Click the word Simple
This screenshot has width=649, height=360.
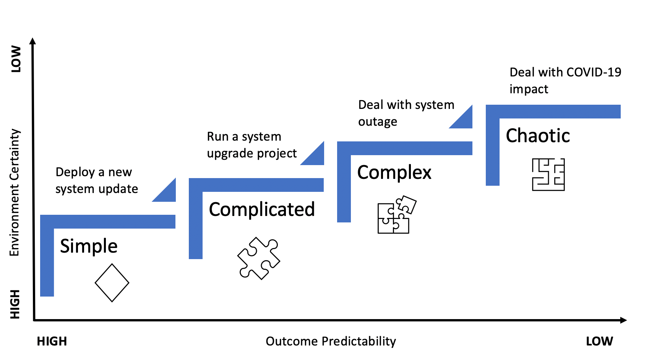[89, 246]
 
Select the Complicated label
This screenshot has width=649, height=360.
[261, 210]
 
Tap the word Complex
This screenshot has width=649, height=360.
[394, 173]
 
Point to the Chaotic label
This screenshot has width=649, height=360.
[538, 136]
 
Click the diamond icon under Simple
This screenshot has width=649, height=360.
[112, 283]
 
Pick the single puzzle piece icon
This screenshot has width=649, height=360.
[259, 259]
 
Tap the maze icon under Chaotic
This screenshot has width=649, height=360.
[548, 175]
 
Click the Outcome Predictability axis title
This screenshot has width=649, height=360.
[331, 341]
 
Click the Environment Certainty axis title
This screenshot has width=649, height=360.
[15, 192]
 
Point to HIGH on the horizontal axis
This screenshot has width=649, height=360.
[52, 341]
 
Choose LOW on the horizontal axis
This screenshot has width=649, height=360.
[599, 341]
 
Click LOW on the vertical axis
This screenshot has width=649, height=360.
[16, 59]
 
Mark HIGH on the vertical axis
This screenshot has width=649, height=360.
[15, 304]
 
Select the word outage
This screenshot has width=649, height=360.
[378, 122]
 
